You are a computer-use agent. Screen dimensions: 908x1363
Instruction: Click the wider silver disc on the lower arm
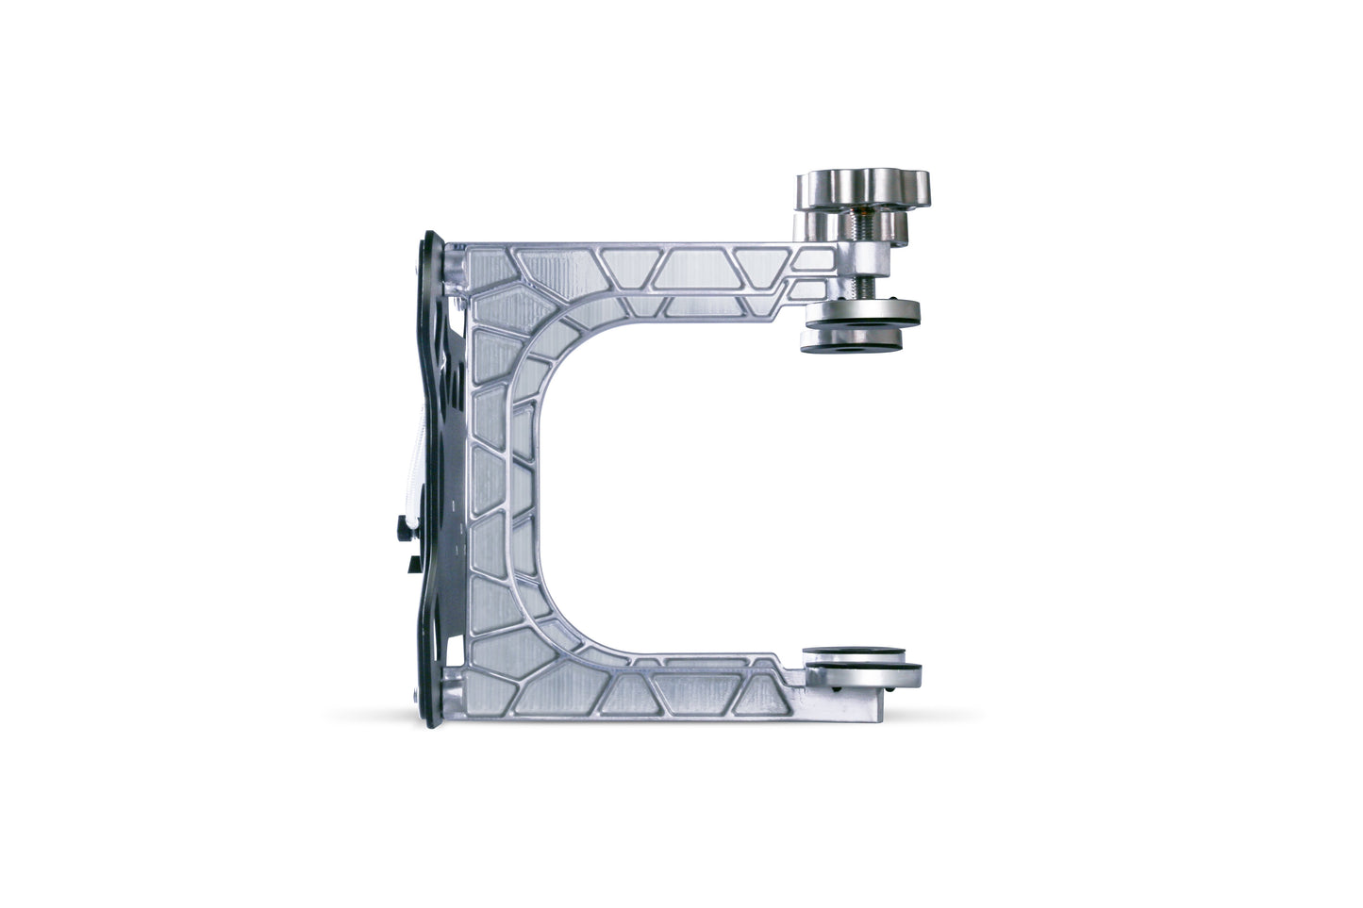coord(859,671)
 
